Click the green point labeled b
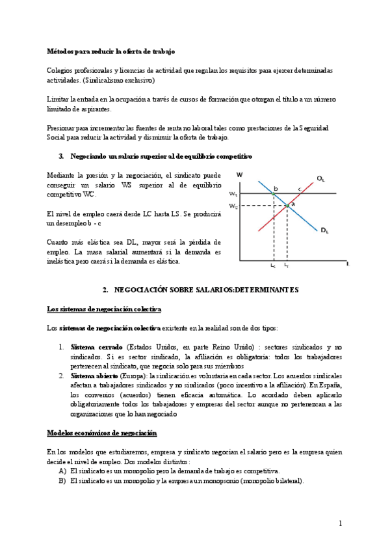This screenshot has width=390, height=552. coord(272,194)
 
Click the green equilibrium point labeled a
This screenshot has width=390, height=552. coord(288,206)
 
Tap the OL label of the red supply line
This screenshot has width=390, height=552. coord(320,178)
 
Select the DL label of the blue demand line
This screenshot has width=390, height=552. coord(324,230)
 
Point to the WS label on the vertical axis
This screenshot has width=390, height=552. coord(233,194)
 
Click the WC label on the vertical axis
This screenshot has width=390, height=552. coord(233,206)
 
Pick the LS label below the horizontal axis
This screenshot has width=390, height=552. coord(273,266)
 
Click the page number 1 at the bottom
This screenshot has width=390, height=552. coord(339,523)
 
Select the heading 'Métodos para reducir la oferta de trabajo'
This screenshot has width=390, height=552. coord(110,51)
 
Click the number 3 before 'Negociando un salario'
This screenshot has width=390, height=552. coord(60,157)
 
